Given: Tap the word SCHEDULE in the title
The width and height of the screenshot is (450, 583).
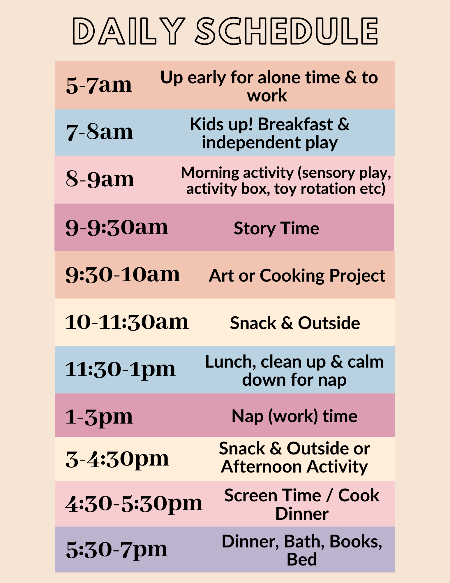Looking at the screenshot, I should point(287,31).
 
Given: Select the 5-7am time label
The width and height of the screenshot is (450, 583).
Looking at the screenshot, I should point(99,85).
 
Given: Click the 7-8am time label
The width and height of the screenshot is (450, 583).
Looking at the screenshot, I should point(100,132).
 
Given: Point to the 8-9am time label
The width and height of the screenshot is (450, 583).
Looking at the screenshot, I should point(100,179).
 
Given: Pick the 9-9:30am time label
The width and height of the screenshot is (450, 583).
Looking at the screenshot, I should point(117,227).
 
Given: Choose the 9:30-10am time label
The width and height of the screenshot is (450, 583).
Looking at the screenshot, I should point(123,275).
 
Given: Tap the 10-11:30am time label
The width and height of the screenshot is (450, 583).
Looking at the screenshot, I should point(127,322).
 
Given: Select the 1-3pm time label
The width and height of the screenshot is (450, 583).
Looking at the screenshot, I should point(99,417).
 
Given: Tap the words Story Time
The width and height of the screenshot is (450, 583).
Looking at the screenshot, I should point(276,228).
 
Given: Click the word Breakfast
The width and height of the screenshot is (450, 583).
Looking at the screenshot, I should point(295,124).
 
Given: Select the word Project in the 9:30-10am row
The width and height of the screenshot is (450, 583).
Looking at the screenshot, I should point(357,276).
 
